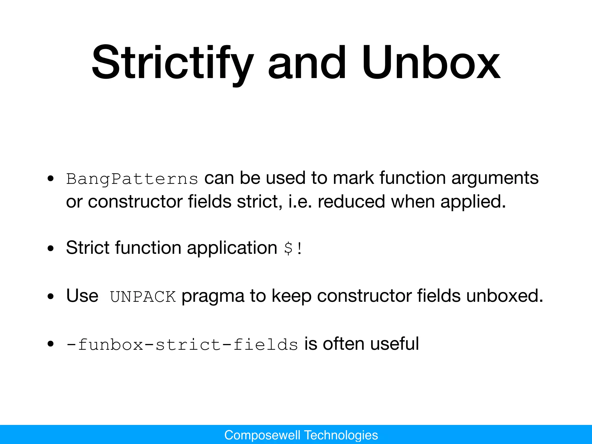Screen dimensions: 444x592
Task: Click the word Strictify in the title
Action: pos(173,63)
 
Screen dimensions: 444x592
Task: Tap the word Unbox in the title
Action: pos(430,63)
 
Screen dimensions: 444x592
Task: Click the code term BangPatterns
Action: pos(132,179)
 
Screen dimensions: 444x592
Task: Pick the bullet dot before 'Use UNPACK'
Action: pos(51,297)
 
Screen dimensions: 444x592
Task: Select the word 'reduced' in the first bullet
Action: pos(351,201)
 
